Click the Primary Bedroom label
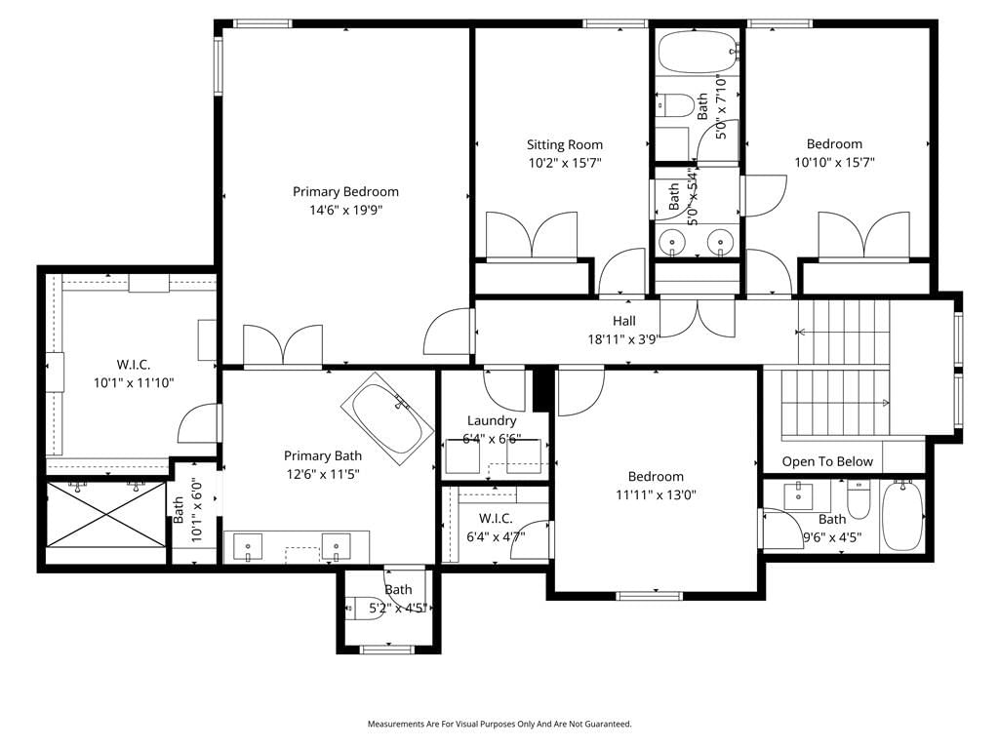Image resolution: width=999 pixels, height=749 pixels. [x=345, y=192]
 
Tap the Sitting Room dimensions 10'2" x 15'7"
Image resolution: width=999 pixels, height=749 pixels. [x=565, y=163]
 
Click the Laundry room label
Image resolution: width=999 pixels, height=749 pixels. [x=492, y=420]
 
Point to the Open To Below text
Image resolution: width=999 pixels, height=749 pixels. [x=827, y=461]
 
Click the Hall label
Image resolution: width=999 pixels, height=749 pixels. [x=623, y=321]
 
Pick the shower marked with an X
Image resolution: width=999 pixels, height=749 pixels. [x=106, y=514]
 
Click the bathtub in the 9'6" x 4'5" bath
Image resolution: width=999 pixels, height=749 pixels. [x=900, y=517]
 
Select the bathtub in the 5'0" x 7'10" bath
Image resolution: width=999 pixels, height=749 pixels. [x=698, y=52]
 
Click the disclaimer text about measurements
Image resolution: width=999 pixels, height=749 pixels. [x=499, y=725]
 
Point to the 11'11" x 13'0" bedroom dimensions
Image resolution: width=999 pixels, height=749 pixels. [x=656, y=494]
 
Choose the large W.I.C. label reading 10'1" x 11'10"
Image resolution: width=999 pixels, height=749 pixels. [x=133, y=374]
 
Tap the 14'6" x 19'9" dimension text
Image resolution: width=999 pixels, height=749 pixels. [x=345, y=211]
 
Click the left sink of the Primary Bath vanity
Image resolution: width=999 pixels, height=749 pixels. [x=248, y=547]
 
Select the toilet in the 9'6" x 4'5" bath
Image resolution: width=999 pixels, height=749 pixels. [x=859, y=497]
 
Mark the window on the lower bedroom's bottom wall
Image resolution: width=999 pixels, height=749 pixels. [x=649, y=596]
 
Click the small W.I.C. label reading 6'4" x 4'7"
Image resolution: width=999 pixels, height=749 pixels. [x=496, y=528]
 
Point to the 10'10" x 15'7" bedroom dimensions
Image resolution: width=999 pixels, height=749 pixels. [x=834, y=163]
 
